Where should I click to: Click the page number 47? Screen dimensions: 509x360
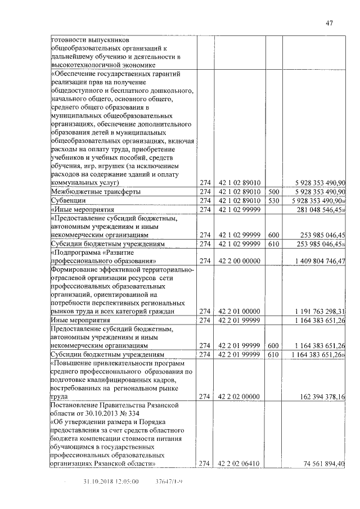330,23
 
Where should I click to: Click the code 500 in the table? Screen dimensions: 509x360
274,192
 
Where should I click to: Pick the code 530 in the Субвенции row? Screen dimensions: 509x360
274,200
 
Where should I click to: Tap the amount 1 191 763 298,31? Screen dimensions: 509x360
318,311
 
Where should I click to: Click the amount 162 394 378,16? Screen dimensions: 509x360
319,397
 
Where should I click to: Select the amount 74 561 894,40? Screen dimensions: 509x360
321,463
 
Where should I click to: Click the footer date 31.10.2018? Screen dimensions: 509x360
97,482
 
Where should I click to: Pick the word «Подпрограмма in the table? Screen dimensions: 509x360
79,252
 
